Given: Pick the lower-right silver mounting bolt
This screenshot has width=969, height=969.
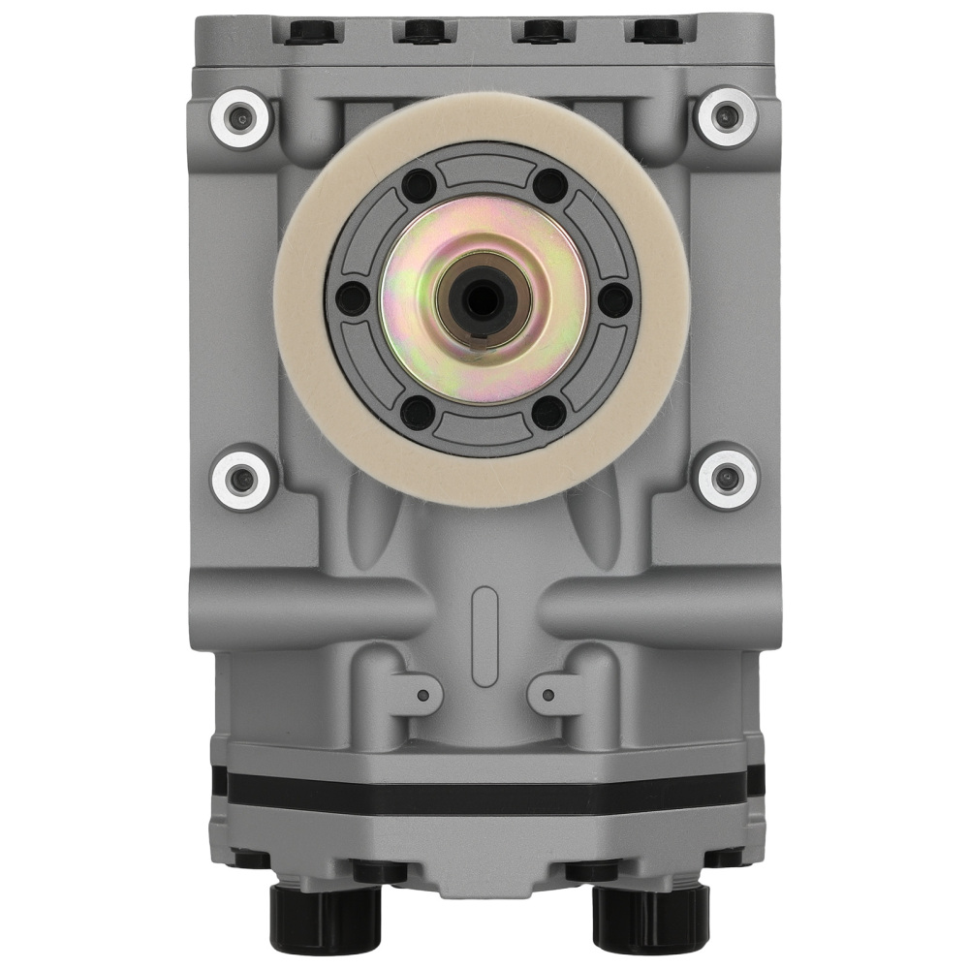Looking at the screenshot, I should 727,476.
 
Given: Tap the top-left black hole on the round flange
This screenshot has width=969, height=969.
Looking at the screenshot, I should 418,184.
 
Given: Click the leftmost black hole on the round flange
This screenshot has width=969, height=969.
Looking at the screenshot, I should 353,298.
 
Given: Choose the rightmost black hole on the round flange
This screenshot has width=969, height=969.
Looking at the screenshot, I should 612,298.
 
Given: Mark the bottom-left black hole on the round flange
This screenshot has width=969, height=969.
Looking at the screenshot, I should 418,412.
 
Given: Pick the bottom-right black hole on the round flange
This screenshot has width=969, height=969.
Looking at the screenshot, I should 548,412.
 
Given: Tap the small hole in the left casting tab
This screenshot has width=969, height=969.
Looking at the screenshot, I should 422,694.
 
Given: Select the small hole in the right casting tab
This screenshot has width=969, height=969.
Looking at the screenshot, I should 547,694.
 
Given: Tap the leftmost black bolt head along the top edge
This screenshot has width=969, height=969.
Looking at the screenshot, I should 312,31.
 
